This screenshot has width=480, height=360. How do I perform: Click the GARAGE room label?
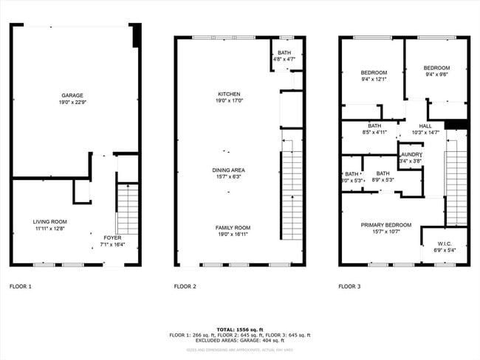pyautogui.click(x=72, y=95)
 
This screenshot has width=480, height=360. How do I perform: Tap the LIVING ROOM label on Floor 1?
pyautogui.click(x=49, y=221)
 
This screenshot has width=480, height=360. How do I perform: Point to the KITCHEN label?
pyautogui.click(x=228, y=95)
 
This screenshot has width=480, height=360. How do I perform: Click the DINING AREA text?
pyautogui.click(x=228, y=170)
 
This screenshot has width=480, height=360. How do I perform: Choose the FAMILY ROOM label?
pyautogui.click(x=233, y=228)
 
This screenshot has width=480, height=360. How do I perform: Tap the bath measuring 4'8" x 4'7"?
pyautogui.click(x=284, y=56)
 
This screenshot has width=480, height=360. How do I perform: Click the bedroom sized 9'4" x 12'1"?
pyautogui.click(x=374, y=75)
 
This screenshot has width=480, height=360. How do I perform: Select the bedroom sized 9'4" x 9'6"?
pyautogui.click(x=436, y=70)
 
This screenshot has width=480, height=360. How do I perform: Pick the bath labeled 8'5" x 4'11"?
pyautogui.click(x=374, y=129)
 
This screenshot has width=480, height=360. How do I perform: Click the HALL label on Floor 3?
pyautogui.click(x=425, y=129)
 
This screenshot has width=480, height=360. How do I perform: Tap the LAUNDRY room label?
pyautogui.click(x=410, y=157)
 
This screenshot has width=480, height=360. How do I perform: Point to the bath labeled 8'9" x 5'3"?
pyautogui.click(x=383, y=176)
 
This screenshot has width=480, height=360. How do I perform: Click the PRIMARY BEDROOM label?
pyautogui.click(x=385, y=227)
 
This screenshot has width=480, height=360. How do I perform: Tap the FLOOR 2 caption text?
pyautogui.click(x=185, y=285)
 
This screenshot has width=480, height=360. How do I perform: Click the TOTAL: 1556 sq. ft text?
pyautogui.click(x=239, y=329)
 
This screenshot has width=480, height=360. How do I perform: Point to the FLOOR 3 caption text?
pyautogui.click(x=349, y=285)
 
